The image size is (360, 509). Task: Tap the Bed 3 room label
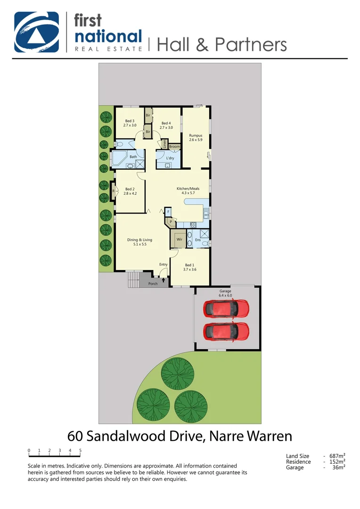tap(130, 121)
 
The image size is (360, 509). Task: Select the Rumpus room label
tap(195, 136)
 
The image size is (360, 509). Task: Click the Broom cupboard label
tap(174, 147)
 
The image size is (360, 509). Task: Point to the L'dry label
tap(170, 158)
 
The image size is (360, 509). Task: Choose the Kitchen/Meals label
tap(188, 189)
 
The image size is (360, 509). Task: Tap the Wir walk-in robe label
tap(180, 240)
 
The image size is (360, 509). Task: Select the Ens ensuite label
tap(198, 240)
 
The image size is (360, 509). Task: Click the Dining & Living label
tap(139, 240)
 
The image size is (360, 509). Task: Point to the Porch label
tap(153, 284)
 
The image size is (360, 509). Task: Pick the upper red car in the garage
tap(226, 309)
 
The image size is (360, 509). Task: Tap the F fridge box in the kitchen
tap(168, 212)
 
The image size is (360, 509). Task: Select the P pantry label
tap(171, 221)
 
